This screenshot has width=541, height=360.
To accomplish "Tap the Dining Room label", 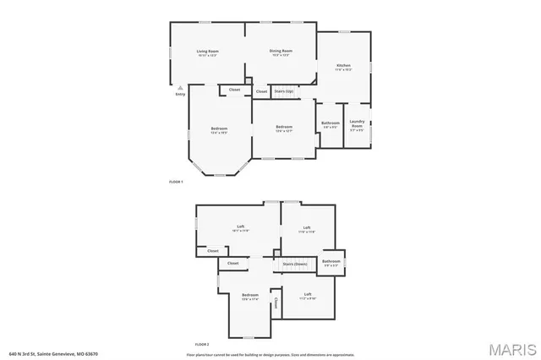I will [281, 52].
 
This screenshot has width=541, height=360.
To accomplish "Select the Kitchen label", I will [344, 65].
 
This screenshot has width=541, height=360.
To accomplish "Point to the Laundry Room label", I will [357, 125].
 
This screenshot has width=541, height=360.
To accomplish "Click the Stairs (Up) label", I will [284, 90].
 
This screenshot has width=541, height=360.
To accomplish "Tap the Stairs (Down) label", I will [295, 264].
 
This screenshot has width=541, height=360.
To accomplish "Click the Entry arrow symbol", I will [180, 86].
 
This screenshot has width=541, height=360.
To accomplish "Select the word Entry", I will [180, 94].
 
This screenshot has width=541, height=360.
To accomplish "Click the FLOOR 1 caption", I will [176, 182].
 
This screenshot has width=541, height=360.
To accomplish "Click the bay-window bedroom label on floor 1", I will [219, 128].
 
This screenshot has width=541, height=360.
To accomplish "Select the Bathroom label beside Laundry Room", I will [330, 123].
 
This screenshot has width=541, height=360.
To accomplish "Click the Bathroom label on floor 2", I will [331, 261].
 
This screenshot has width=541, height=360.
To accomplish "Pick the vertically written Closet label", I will [275, 303].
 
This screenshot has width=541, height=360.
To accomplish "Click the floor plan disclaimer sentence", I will [271, 354].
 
